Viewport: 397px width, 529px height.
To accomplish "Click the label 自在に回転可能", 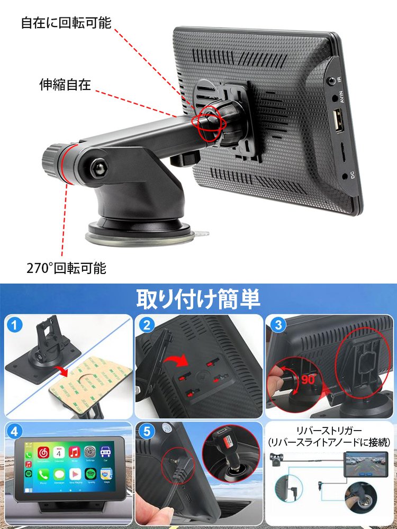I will tap(66, 23).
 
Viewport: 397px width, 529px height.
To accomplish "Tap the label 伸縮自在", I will tap(65, 84).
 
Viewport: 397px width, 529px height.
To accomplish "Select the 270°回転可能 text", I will tap(66, 268).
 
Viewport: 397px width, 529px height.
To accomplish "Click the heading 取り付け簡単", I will tap(198, 299).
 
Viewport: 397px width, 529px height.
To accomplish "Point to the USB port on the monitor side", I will tap(337, 121).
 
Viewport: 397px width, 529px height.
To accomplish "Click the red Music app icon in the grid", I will tap(75, 452).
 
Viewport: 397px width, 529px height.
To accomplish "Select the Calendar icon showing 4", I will tap(59, 452).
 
